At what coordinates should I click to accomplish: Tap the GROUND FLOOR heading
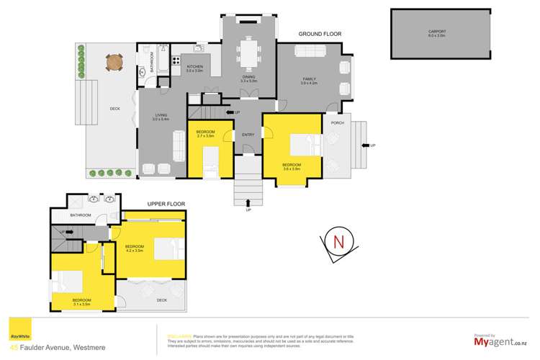(x=320, y=34)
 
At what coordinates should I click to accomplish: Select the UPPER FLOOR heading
(x=166, y=204)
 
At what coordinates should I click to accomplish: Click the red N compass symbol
(x=337, y=241)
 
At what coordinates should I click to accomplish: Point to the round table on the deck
(x=114, y=63)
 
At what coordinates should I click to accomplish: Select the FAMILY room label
(x=310, y=81)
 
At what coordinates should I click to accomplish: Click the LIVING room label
(x=161, y=117)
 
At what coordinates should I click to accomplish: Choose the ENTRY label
(x=248, y=135)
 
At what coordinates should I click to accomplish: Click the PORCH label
(x=336, y=122)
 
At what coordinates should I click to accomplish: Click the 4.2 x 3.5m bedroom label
(x=135, y=248)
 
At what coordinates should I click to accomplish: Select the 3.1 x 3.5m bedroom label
(x=81, y=301)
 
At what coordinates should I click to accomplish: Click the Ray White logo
(x=15, y=335)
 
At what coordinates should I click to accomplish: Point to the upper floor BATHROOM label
(x=80, y=215)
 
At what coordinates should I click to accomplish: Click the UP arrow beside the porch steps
(x=372, y=146)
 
